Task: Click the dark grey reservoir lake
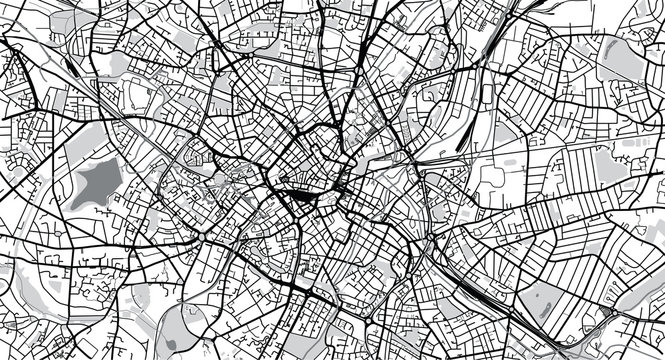(96, 182)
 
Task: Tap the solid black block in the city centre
(297, 204)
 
